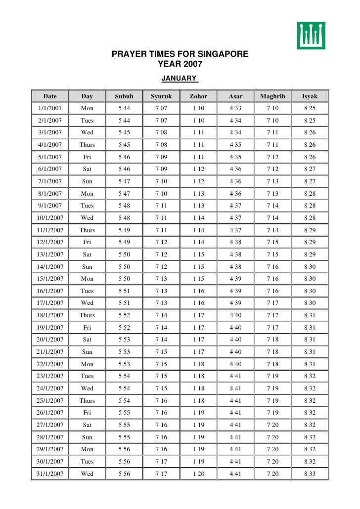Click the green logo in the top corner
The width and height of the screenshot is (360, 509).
pos(311,36)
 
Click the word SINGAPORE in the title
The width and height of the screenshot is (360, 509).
pos(222,54)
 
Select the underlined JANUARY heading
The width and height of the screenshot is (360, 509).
pos(180,78)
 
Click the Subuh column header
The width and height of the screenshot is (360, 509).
pos(124,96)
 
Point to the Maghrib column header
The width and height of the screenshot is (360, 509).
pos(272,96)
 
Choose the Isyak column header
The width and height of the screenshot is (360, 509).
pos(310,96)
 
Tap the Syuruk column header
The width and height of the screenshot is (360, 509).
pos(161,96)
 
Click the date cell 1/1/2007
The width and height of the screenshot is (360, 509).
pos(50,108)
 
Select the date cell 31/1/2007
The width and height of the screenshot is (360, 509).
pos(50,474)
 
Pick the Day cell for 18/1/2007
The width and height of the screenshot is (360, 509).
pos(87,315)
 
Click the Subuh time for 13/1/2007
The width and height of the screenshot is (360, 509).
pos(124,254)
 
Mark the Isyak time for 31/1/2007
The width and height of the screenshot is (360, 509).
pos(310,474)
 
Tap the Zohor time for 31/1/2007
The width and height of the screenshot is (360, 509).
pos(198,474)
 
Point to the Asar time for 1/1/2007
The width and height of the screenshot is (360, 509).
pos(235,108)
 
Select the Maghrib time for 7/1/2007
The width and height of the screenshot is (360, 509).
pos(272,181)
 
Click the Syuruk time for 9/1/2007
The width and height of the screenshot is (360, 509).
pos(161,206)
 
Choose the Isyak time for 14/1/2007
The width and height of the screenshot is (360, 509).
pos(310,267)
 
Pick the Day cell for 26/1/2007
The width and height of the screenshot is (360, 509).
pos(87,413)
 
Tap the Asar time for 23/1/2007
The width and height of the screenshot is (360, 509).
pos(235,376)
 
